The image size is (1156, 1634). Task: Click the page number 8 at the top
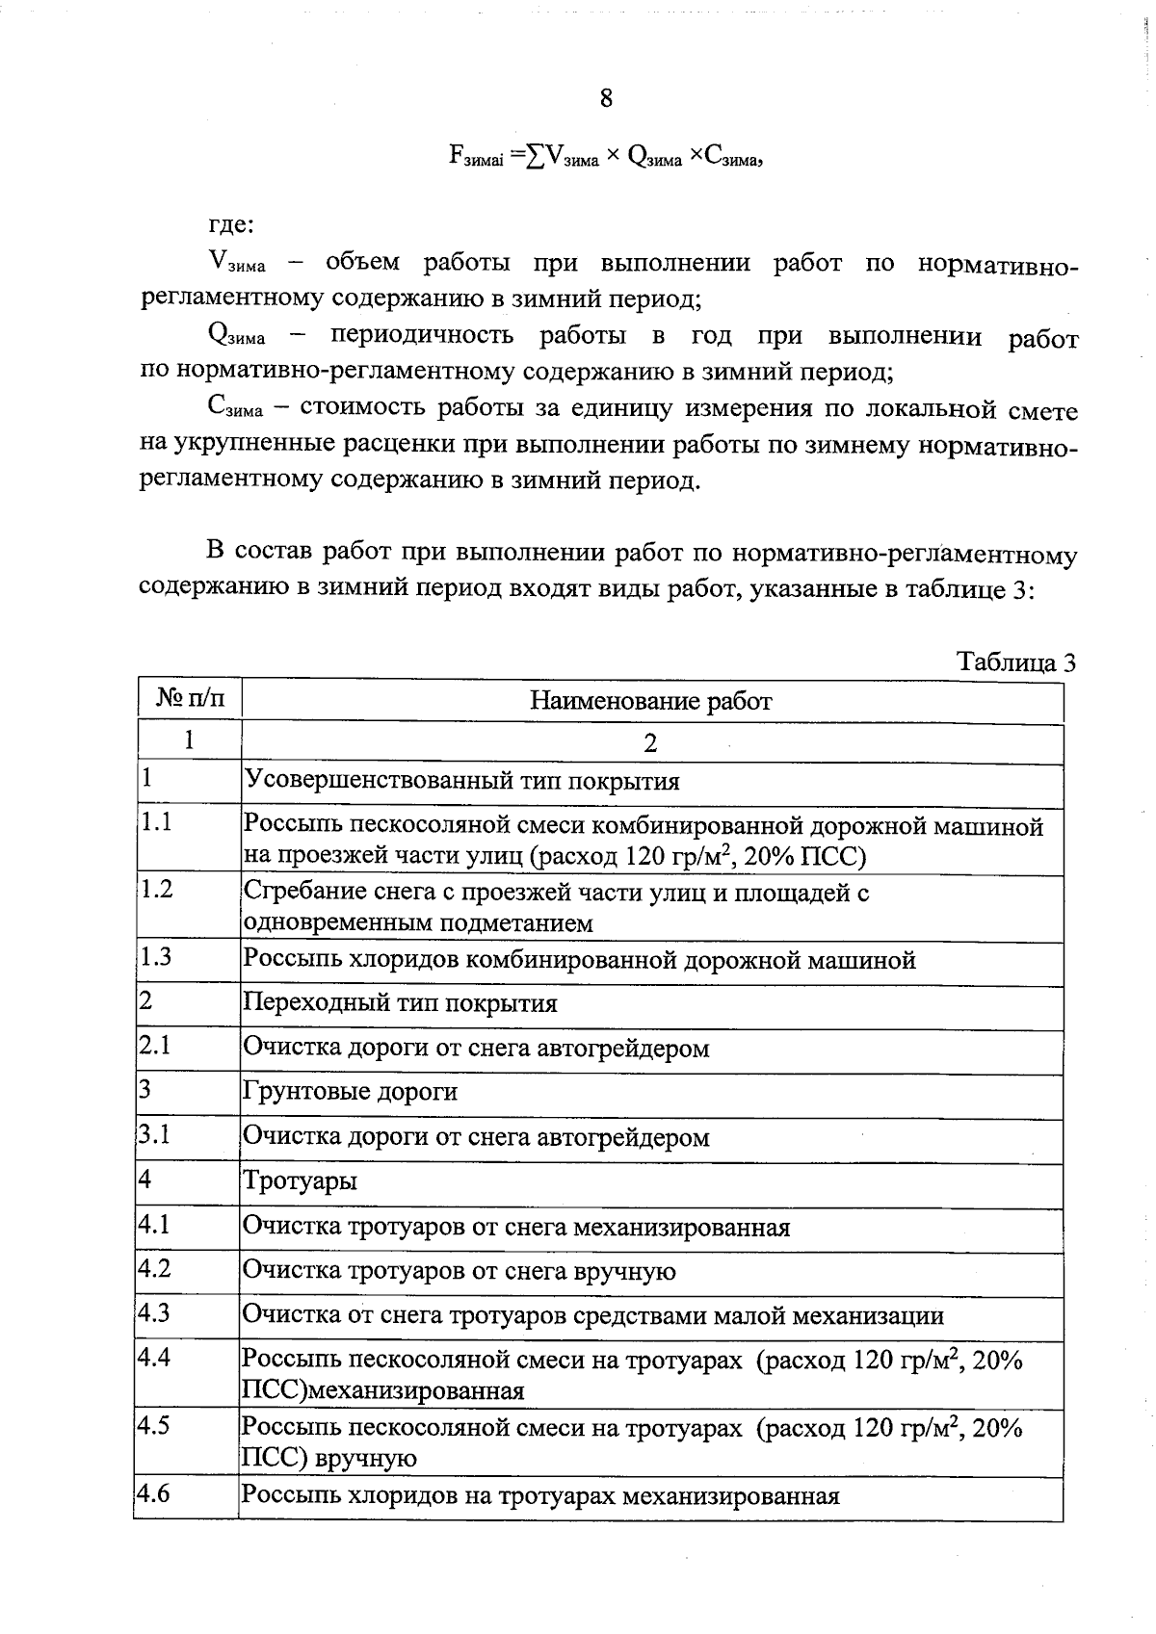click(x=606, y=98)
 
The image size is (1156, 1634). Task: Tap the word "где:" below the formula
click(x=232, y=225)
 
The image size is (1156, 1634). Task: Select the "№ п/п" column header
click(x=190, y=699)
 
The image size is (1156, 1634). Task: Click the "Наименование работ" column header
click(x=651, y=700)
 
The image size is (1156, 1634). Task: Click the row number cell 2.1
click(x=155, y=1045)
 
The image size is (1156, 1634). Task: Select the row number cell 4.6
click(x=154, y=1494)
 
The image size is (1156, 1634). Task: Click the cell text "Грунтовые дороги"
click(x=351, y=1092)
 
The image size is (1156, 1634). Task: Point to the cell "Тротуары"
click(x=301, y=1180)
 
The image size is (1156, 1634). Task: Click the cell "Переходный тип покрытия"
click(x=401, y=1003)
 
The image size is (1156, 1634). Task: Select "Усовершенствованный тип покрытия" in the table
click(x=462, y=781)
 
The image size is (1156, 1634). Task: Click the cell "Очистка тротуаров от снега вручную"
click(x=460, y=1272)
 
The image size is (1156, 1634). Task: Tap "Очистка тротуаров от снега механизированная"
click(x=516, y=1228)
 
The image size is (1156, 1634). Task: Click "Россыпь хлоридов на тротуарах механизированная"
click(x=540, y=1496)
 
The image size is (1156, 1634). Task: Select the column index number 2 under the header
click(x=651, y=743)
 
